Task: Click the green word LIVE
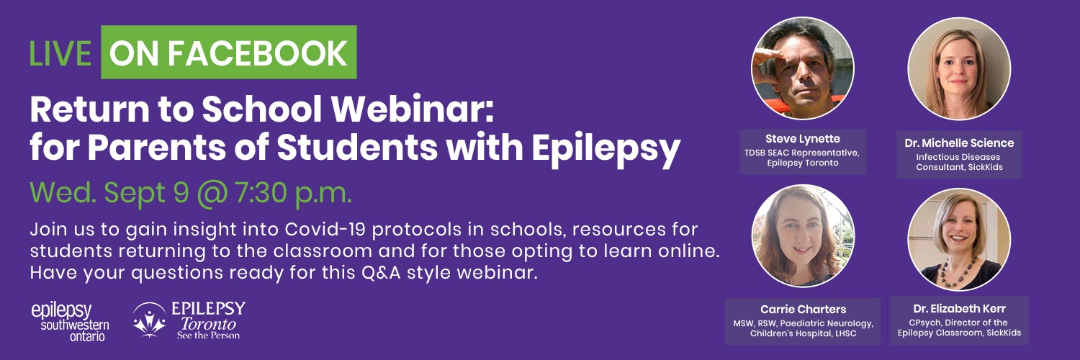pos(60,53)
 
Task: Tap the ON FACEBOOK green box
pos(228,52)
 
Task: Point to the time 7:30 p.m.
pos(293,194)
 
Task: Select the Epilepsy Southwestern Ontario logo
pos(71,322)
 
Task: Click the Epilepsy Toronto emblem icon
pos(150,320)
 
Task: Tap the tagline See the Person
pos(208,336)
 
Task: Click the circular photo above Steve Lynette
pos(803,68)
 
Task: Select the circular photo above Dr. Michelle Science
pos(959,68)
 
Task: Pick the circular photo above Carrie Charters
pos(803,235)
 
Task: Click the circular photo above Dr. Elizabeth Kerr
pos(959,240)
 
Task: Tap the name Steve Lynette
pos(803,139)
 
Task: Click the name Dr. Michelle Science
pos(959,143)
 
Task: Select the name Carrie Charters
pos(804,310)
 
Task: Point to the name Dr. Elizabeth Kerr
pos(960,309)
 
